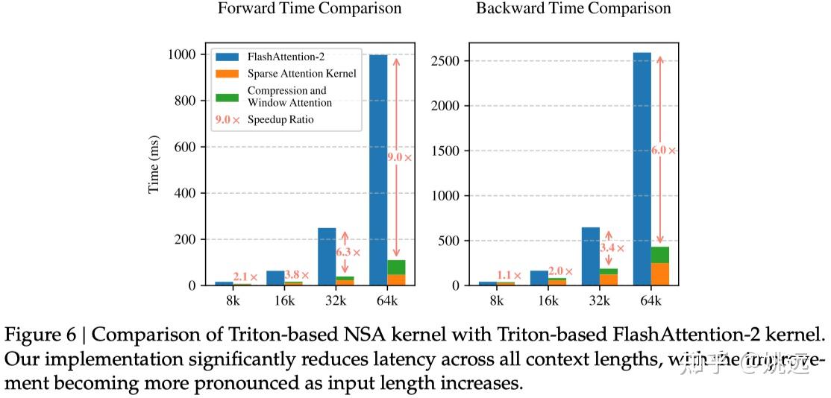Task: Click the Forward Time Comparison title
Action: (309, 9)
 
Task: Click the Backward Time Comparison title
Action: (573, 9)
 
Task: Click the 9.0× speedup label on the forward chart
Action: (398, 157)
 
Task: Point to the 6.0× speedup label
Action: (662, 150)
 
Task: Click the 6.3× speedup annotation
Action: (347, 253)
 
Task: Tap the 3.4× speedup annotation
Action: (611, 247)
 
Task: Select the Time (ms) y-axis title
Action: (154, 170)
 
